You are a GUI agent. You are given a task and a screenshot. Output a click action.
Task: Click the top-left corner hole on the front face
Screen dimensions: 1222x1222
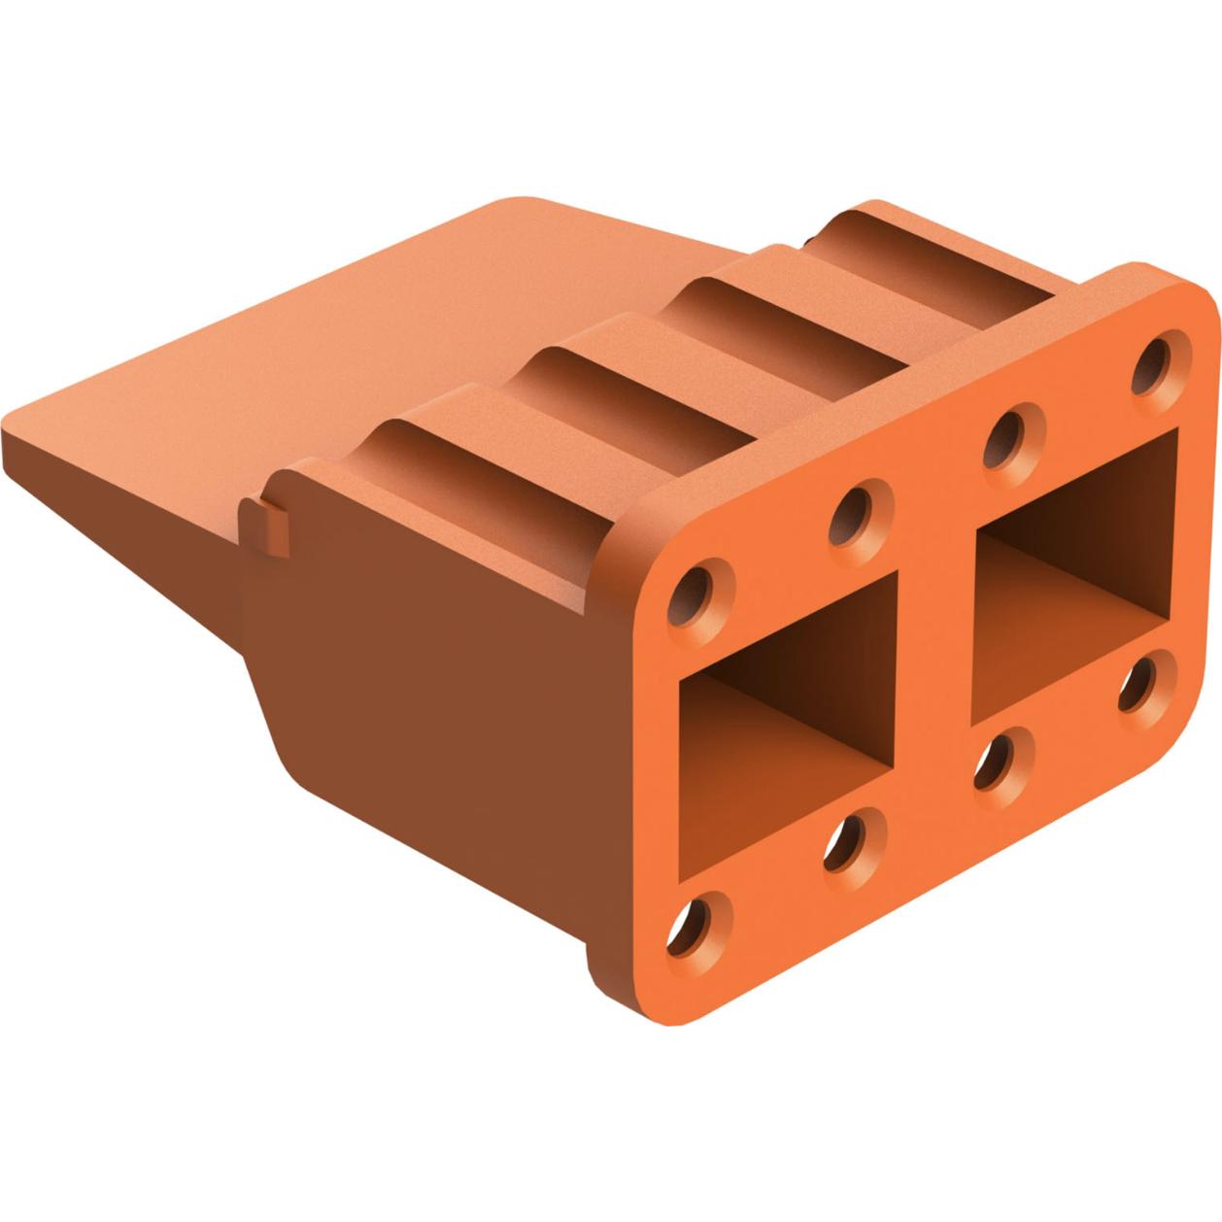coord(697,586)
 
